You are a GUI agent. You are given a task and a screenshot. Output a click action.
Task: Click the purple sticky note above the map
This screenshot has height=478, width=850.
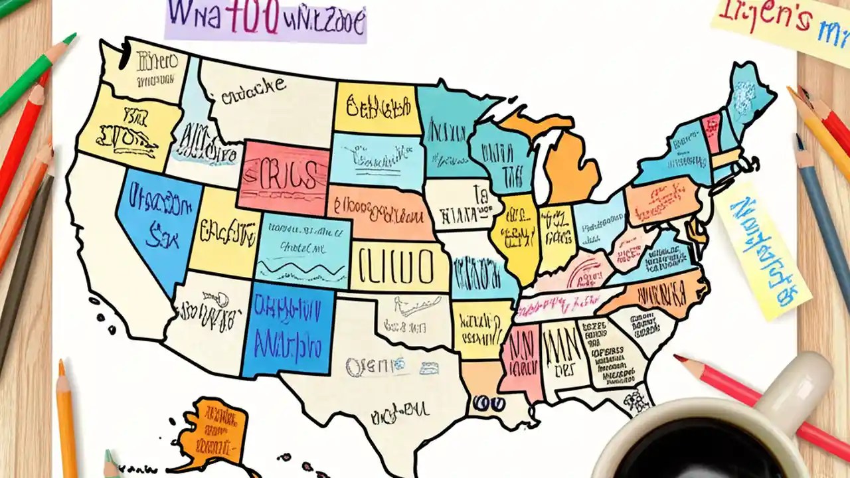(x=266, y=21)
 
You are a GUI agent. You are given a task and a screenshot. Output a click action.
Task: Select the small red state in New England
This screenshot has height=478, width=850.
(x=711, y=131)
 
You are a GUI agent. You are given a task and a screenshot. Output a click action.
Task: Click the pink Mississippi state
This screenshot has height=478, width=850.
(x=520, y=355)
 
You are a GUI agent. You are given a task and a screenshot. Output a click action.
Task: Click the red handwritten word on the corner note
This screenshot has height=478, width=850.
(x=764, y=20)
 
